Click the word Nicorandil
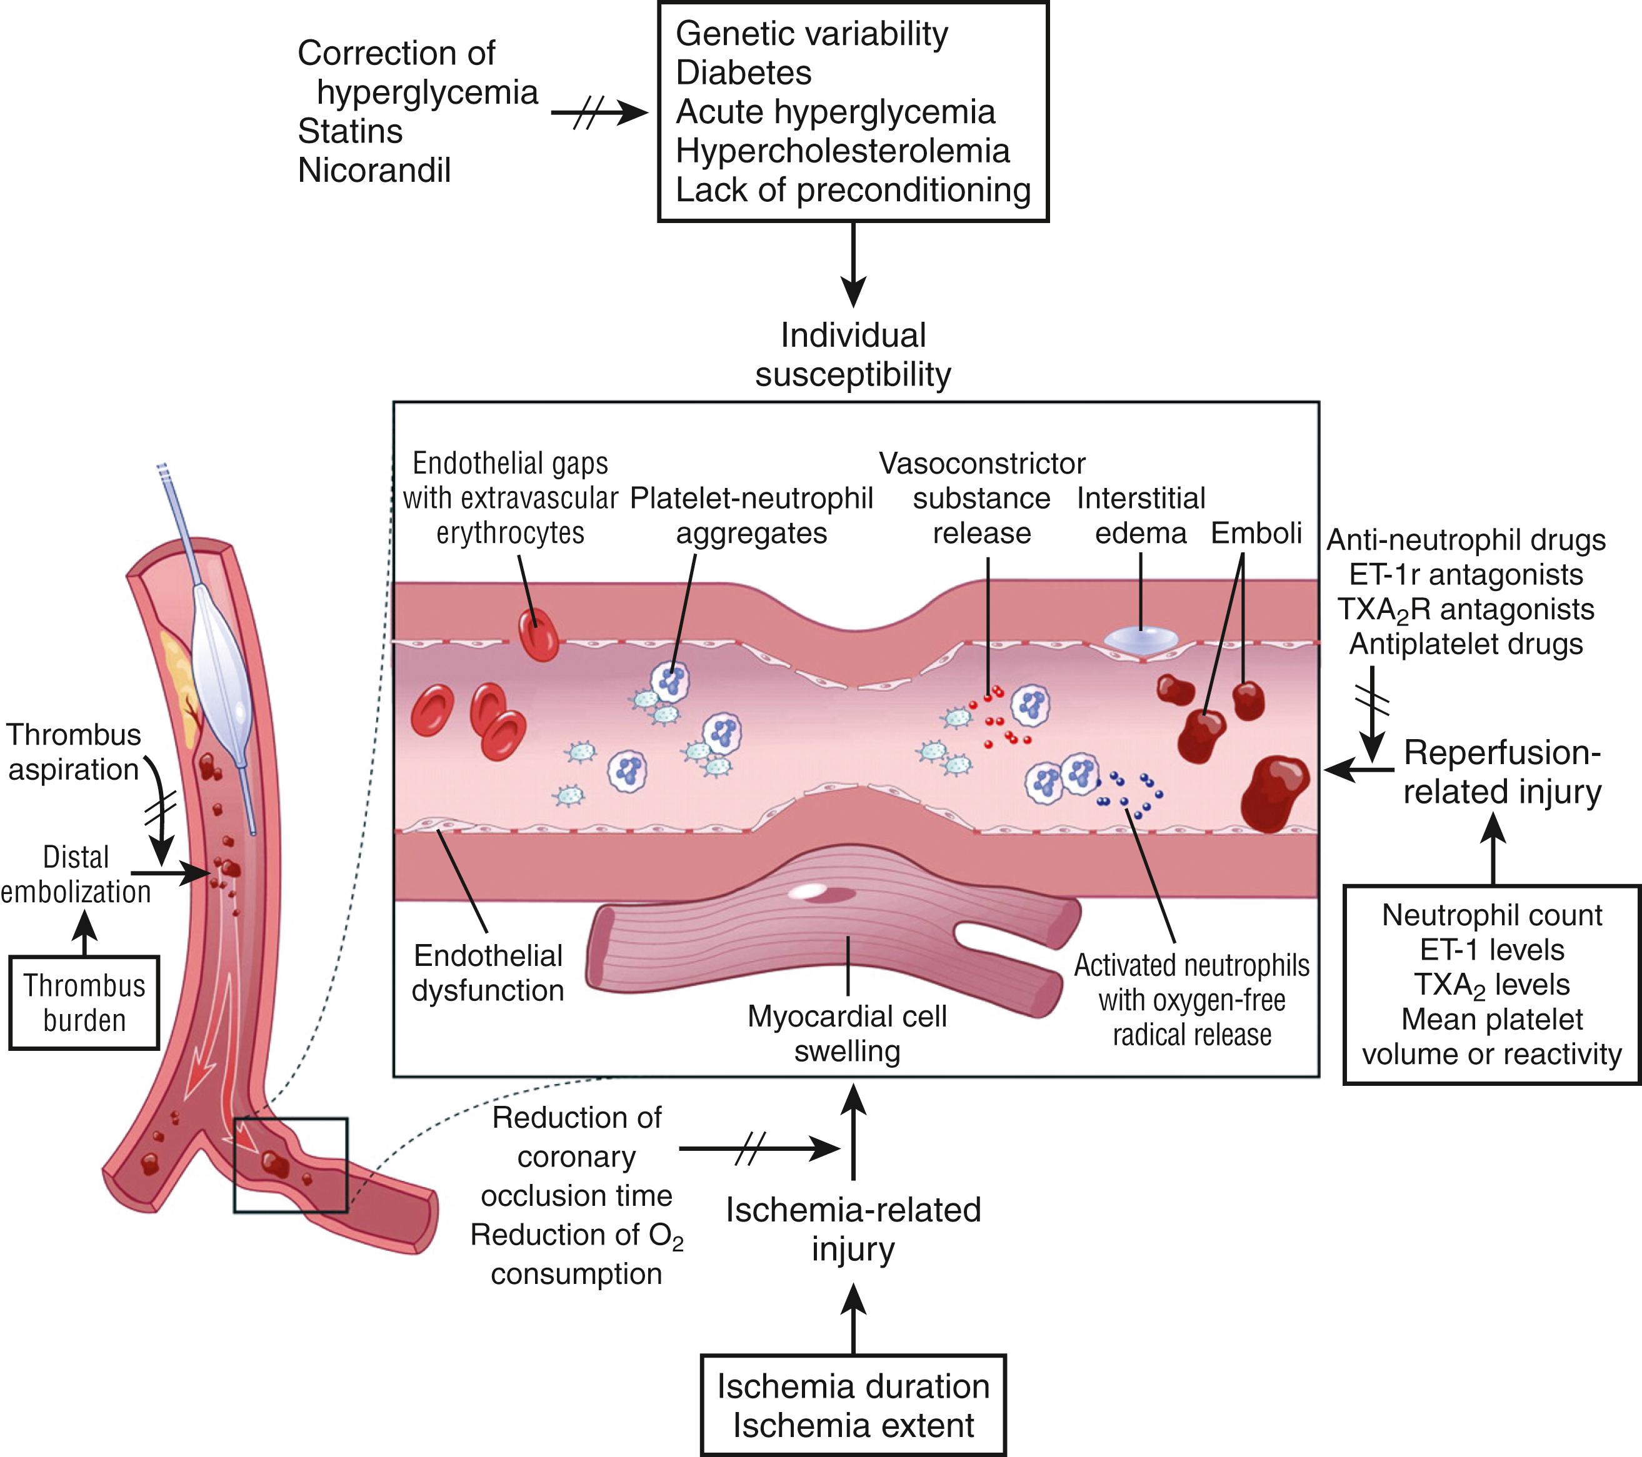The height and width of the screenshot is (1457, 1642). point(374,171)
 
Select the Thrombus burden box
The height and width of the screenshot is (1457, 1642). point(84,1002)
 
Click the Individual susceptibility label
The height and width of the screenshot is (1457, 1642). point(853,355)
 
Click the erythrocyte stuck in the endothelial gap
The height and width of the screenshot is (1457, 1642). point(538,635)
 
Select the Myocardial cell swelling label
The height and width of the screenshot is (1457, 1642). point(847,1034)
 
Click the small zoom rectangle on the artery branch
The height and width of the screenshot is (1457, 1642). point(291,1165)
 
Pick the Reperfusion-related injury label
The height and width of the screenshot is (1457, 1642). point(1502,772)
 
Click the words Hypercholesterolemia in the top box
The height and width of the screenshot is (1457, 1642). point(842,151)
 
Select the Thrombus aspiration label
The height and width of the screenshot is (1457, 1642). point(74,752)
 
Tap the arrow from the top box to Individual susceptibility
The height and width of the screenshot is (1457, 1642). point(853,265)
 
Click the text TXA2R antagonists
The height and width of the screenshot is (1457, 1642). point(1466,610)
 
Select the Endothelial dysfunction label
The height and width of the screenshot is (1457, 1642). point(488,973)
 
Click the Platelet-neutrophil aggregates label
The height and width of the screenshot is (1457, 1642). point(751,515)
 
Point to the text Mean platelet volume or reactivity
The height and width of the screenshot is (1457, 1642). point(1492,1036)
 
